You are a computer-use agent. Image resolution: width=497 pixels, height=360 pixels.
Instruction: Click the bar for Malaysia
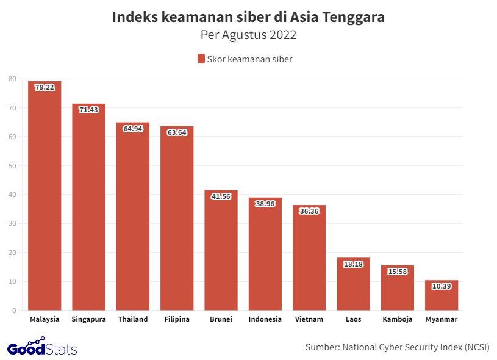[45, 195]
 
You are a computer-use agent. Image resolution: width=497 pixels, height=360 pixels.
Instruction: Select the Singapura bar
[88, 207]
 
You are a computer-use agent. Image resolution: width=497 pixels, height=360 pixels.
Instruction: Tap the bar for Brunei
[221, 250]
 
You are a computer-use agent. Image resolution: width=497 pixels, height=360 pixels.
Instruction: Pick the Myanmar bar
[442, 295]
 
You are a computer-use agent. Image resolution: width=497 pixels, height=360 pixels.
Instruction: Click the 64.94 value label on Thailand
[133, 129]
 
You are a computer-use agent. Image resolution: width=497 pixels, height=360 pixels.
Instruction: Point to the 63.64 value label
[177, 132]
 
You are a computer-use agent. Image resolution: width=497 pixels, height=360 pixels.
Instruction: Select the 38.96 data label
[265, 204]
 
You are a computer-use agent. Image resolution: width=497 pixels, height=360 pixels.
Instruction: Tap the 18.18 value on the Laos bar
[353, 264]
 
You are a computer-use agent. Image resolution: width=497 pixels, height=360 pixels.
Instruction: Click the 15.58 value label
[398, 272]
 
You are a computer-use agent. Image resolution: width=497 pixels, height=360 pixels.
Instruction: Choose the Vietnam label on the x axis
[309, 319]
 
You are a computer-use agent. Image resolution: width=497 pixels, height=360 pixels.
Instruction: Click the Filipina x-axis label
[177, 319]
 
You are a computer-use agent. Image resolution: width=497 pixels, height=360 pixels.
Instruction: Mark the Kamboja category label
[398, 319]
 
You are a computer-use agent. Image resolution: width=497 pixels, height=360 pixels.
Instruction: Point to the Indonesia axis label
[265, 319]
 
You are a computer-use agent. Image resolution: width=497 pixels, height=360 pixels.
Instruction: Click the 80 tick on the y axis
[12, 79]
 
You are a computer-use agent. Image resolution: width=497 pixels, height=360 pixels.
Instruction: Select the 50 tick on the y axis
[12, 166]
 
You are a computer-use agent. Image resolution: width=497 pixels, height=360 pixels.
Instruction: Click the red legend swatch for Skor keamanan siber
[201, 59]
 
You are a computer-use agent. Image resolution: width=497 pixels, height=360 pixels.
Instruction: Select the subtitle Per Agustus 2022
[248, 35]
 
